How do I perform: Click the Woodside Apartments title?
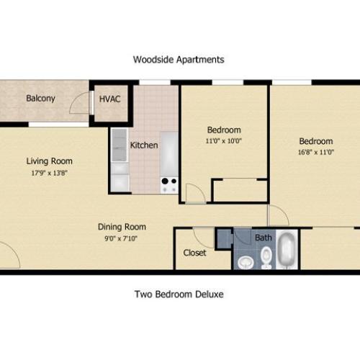(179, 60)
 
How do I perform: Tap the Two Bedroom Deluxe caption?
(179, 294)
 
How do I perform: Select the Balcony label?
(41, 99)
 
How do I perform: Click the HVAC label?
(109, 99)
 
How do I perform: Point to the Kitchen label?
(143, 145)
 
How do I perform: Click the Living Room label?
(50, 161)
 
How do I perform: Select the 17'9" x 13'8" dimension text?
(50, 173)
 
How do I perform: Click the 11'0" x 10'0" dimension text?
(224, 141)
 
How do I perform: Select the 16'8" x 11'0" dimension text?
(316, 153)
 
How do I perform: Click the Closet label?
(194, 253)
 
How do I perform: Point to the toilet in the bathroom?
(266, 256)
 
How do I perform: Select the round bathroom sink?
(245, 261)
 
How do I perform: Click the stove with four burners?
(169, 185)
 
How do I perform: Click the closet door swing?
(202, 237)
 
